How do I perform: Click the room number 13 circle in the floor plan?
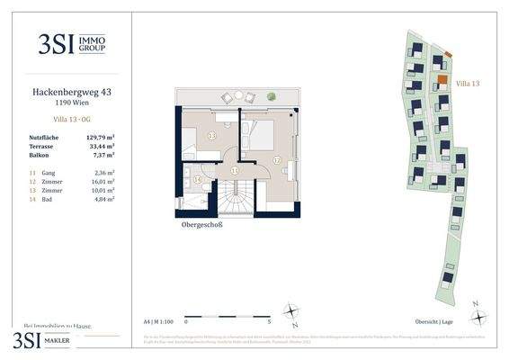coord(211,135)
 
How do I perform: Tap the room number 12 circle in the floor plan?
coord(277,160)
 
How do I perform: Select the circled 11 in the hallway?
coord(234,169)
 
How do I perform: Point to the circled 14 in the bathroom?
coord(198,179)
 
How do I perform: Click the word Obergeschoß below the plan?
coord(201,225)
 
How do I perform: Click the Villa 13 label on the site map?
coord(469,83)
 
